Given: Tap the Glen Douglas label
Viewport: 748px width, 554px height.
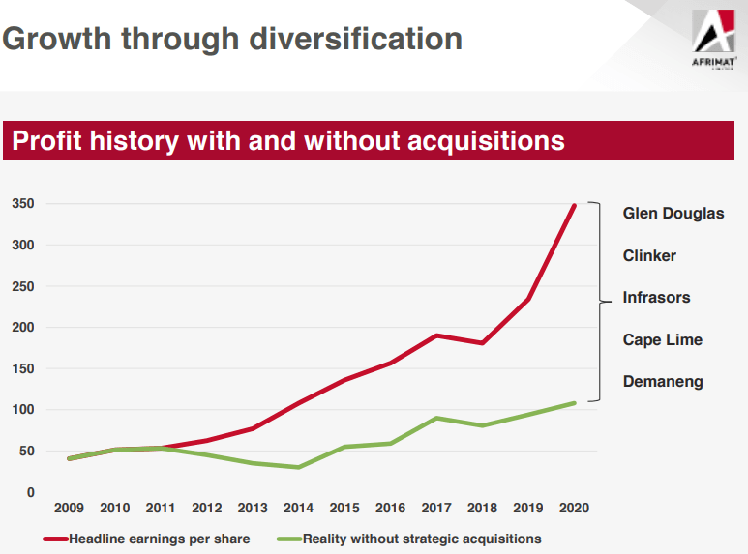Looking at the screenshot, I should [x=673, y=214].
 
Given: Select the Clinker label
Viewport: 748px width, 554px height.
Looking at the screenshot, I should [x=649, y=256].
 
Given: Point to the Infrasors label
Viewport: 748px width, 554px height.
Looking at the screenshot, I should [x=656, y=298].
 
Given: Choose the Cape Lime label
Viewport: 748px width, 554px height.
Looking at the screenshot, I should [x=662, y=340].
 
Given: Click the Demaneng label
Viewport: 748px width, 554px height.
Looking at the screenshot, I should [x=663, y=382].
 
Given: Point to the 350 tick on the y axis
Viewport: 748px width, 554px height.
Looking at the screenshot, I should [x=23, y=204].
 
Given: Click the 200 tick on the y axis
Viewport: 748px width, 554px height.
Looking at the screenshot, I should [x=23, y=328].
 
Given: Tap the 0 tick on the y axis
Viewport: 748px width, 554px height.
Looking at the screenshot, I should [x=30, y=493].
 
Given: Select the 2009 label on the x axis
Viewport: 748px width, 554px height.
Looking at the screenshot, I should [x=68, y=508].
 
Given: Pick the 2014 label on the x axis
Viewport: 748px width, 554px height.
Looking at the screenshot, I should [x=298, y=508].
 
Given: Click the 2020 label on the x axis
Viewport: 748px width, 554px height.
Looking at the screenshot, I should [x=574, y=508].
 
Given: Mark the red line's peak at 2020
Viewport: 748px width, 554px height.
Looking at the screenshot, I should [x=575, y=205].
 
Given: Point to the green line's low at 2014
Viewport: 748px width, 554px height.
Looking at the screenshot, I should [x=298, y=468].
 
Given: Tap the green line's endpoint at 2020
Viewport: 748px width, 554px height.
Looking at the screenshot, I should [x=575, y=403].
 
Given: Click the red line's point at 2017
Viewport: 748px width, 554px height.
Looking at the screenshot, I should [x=437, y=335].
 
